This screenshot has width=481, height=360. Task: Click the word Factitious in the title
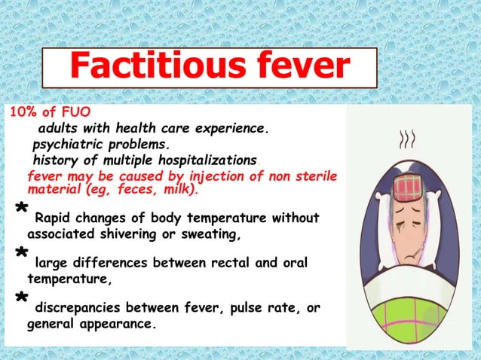point(151,68)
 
